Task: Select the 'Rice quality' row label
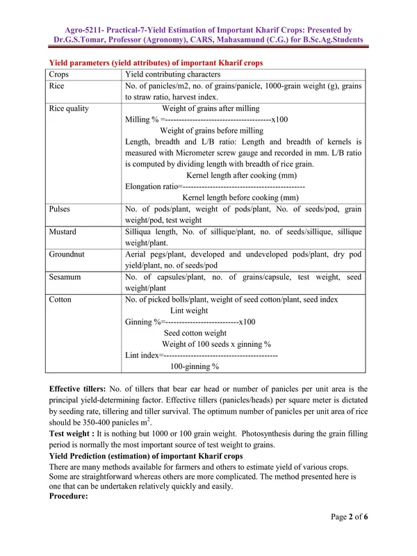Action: point(69,108)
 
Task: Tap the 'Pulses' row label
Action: point(60,208)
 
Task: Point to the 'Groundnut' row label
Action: point(67,254)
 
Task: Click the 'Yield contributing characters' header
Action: point(172,74)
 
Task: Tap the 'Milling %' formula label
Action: point(142,120)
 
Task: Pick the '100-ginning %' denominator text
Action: point(195,366)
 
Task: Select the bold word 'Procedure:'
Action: point(69,498)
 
